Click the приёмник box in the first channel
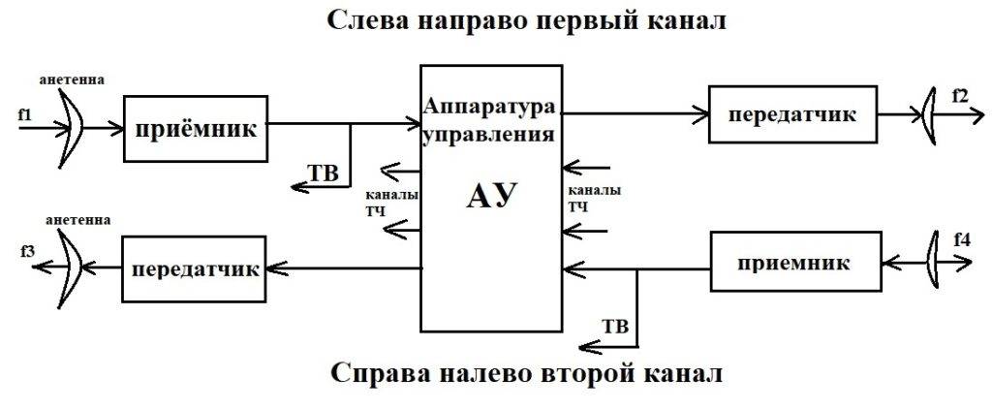tap(195, 128)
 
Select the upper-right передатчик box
tap(791, 114)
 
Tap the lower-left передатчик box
tap(195, 268)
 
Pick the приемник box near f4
tap(793, 262)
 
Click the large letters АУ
tap(491, 196)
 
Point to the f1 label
tap(25, 115)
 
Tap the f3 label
tap(27, 252)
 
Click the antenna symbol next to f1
tap(74, 121)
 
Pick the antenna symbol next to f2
tap(929, 114)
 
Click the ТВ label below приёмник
tap(323, 173)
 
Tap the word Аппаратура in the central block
tap(491, 105)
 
